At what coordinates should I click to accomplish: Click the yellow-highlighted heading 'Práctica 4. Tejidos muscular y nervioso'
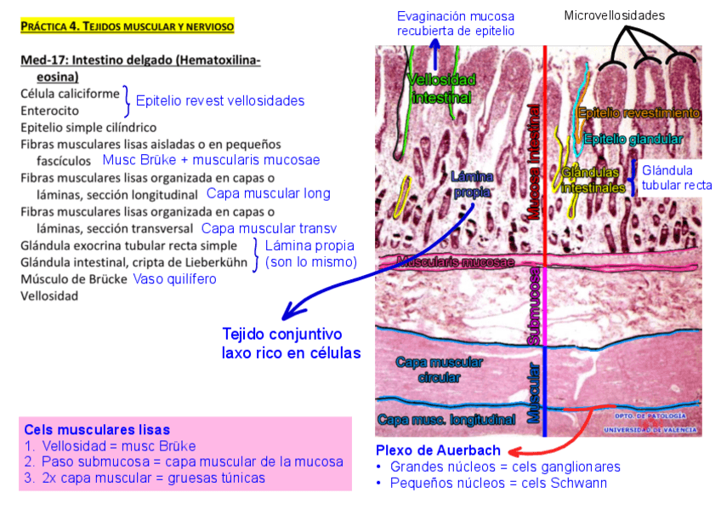[127, 26]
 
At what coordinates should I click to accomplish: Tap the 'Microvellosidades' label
[615, 14]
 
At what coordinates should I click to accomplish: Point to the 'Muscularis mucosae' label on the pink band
[454, 261]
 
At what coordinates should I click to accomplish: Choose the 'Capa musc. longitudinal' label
[446, 419]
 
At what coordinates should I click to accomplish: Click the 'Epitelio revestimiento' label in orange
[638, 112]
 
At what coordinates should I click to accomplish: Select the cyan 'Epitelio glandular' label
[633, 139]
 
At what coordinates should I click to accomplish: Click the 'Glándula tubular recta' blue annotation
[677, 178]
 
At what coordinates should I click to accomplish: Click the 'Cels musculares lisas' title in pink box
[97, 430]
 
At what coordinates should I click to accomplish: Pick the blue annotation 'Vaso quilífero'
[174, 279]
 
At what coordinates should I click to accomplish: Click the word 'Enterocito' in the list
[50, 111]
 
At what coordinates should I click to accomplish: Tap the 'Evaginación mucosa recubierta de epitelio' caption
[456, 23]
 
